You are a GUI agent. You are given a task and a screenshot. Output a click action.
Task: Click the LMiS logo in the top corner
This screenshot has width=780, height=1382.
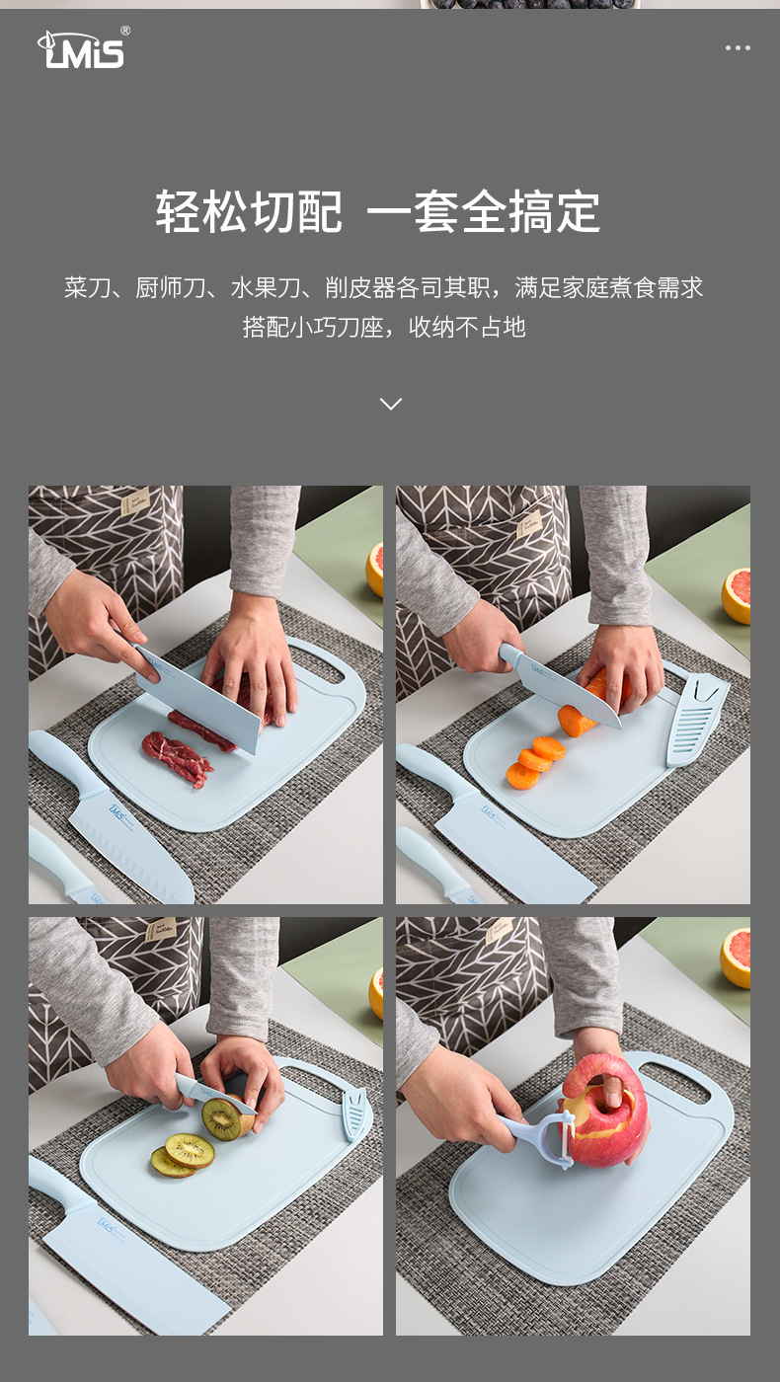coord(83,48)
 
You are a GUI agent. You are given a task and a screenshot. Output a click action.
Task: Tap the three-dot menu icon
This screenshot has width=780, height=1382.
coord(738,47)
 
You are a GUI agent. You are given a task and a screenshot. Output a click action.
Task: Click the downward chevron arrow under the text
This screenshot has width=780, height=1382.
coord(391,404)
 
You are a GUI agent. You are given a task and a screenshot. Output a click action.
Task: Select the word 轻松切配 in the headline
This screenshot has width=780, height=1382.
coord(249,211)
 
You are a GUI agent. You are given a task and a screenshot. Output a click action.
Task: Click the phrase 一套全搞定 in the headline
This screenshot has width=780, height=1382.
coord(483,211)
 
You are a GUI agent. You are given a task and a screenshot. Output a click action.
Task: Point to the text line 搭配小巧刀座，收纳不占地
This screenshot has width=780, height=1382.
coord(384,327)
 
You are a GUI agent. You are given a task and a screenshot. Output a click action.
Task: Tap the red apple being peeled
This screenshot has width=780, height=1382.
coord(608,1110)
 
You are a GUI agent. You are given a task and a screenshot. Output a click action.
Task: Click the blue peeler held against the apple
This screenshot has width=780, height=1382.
coord(543,1135)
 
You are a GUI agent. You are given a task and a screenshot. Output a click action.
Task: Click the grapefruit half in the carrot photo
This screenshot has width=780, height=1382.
coord(737,595)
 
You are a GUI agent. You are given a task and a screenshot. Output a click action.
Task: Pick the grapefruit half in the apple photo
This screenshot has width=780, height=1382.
coord(735,958)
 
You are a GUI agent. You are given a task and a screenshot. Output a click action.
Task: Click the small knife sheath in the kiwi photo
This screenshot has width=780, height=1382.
coord(356,1114)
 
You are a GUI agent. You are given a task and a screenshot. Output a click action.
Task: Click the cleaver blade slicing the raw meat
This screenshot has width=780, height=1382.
coord(197,699)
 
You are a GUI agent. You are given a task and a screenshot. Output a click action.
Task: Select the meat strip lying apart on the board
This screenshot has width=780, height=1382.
coord(177,758)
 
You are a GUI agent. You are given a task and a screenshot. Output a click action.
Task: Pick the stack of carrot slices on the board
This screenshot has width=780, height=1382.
coord(535,762)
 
